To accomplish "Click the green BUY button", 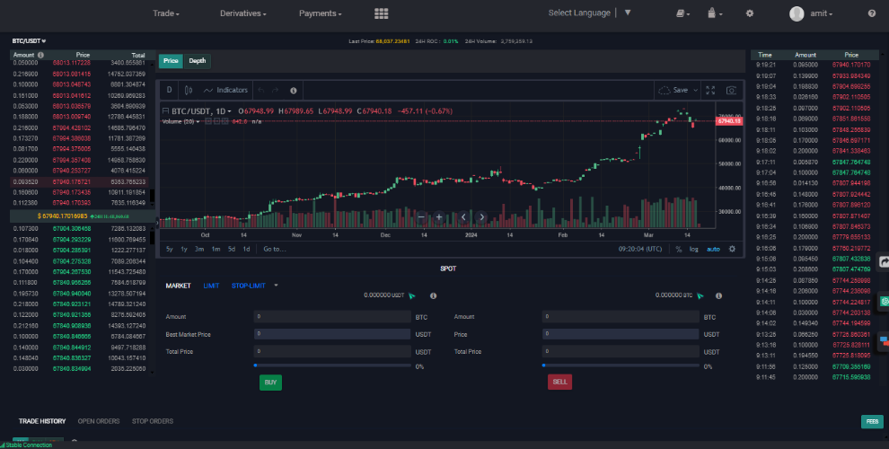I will [x=270, y=382].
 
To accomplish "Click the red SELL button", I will [x=559, y=382].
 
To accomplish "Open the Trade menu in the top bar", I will [x=166, y=13].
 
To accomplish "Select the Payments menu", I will [x=321, y=13].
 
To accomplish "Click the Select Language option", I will [x=579, y=13].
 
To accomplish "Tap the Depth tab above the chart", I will [x=197, y=61].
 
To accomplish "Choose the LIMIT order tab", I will [x=211, y=286].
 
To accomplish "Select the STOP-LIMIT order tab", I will [x=248, y=286].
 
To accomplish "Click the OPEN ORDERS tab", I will [x=99, y=421].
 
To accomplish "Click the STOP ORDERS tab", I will [x=153, y=421].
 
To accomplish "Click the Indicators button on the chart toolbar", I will [x=226, y=91].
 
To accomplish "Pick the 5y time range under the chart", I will [x=170, y=249].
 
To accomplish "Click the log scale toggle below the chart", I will [x=694, y=249].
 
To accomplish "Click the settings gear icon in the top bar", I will [x=750, y=13].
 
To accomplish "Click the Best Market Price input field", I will [x=331, y=335].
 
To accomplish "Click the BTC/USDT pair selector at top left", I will [x=29, y=41].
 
